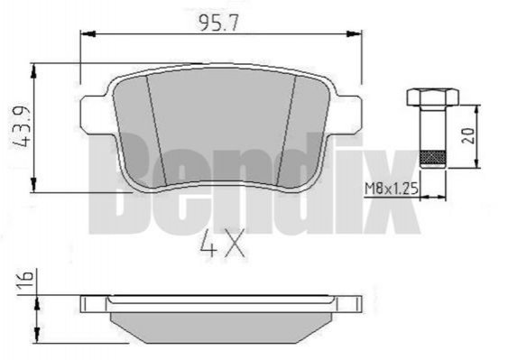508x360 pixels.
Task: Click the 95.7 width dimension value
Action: [218, 23]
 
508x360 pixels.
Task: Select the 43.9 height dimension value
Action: [22, 127]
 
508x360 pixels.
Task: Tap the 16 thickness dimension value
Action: [25, 280]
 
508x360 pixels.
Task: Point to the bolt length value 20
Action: [468, 135]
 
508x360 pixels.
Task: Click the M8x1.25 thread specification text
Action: [392, 189]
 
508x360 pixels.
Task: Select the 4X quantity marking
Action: [222, 245]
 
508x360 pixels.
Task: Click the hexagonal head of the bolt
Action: [433, 97]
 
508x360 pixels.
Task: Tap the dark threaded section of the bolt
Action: [432, 157]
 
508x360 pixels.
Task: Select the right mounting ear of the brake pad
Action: [348, 114]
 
